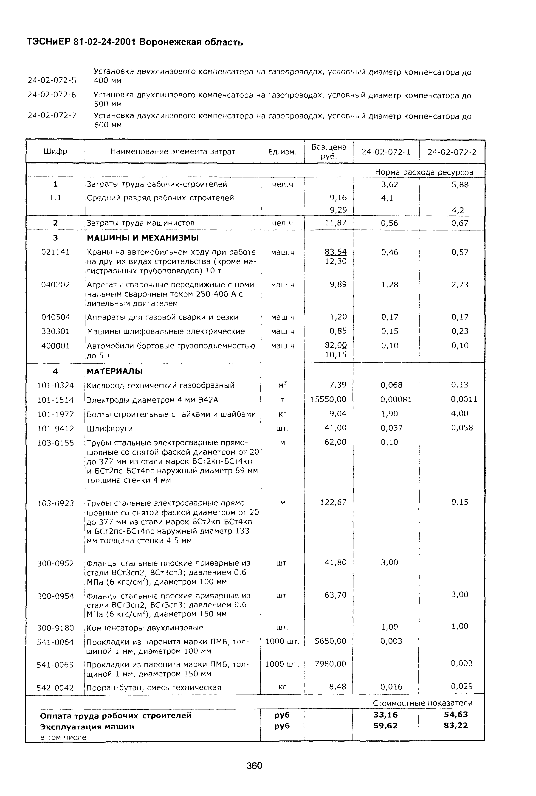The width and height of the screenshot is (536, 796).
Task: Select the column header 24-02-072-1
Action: pyautogui.click(x=386, y=152)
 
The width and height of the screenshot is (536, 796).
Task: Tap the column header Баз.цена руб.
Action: pyautogui.click(x=329, y=152)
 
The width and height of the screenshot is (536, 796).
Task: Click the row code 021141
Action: pyautogui.click(x=55, y=252)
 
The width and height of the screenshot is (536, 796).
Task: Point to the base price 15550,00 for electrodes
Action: pyautogui.click(x=328, y=399)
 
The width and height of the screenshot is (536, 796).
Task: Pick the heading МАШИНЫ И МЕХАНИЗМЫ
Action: pyautogui.click(x=143, y=238)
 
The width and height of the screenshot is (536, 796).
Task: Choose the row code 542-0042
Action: pyautogui.click(x=55, y=688)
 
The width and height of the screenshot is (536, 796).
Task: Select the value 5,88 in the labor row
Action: pyautogui.click(x=460, y=185)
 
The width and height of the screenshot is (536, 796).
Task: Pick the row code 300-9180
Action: pyautogui.click(x=55, y=628)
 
